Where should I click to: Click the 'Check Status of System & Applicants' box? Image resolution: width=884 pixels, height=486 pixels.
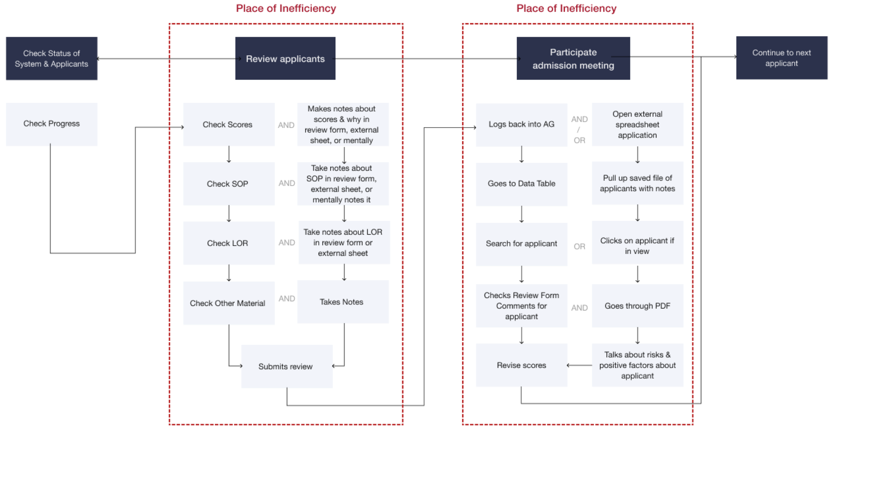coord(51,58)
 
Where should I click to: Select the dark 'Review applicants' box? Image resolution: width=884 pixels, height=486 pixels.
coord(285,58)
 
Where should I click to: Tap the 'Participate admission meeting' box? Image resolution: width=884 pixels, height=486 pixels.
coord(573,58)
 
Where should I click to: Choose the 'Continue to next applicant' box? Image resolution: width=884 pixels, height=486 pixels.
coord(781,58)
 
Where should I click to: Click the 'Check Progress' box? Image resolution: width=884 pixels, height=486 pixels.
coord(51,124)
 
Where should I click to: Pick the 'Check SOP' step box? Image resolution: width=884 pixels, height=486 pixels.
coord(229,184)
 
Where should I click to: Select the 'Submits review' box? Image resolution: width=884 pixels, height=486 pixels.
coord(287,366)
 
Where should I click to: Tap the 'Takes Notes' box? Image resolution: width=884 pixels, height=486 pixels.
coord(343,302)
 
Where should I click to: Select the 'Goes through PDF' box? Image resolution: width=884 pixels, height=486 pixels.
coord(637,306)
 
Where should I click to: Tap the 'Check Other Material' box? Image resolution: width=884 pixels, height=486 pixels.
coord(229,303)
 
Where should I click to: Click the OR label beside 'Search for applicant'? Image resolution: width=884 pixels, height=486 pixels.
coord(579,246)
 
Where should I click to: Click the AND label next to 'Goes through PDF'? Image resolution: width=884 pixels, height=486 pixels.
coord(579,308)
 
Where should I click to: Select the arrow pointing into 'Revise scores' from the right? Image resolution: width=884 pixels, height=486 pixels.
coord(579,365)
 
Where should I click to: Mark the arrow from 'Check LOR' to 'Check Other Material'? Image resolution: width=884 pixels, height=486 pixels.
coord(229,273)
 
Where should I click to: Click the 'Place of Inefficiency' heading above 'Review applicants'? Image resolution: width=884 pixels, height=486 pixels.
coord(286,8)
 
